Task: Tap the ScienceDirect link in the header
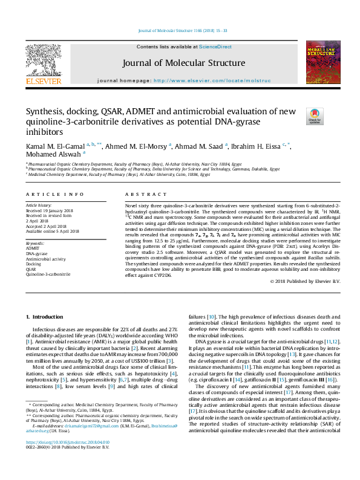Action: pyautogui.click(x=215, y=47)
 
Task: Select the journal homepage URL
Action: pyautogui.click(x=212, y=80)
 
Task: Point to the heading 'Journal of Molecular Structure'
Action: pyautogui.click(x=183, y=63)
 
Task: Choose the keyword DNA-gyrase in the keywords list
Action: pyautogui.click(x=38, y=253)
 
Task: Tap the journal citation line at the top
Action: pyautogui.click(x=180, y=31)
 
